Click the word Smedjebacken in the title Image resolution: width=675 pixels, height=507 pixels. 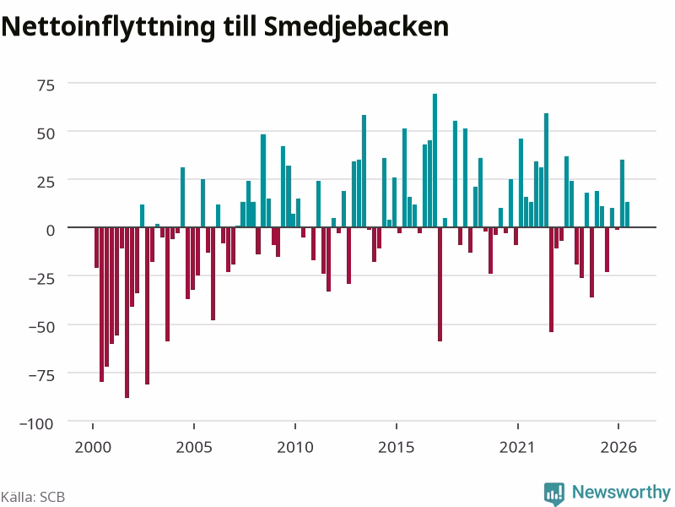click(356, 28)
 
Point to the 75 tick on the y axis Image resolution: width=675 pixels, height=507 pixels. click(46, 85)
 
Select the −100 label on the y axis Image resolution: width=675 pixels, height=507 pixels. click(36, 424)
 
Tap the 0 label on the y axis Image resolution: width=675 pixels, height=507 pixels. click(51, 230)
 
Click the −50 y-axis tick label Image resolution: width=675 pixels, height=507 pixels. click(41, 327)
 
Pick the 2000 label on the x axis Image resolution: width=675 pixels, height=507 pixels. click(93, 447)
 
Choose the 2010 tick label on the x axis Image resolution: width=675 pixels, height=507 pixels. click(295, 447)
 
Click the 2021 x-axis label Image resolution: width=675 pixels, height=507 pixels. click(517, 447)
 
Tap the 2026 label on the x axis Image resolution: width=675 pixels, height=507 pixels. click(618, 447)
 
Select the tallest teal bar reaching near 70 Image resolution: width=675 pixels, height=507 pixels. click(435, 161)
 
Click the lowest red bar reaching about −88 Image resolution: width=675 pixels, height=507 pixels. click(127, 313)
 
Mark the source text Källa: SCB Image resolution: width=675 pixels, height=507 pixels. click(33, 497)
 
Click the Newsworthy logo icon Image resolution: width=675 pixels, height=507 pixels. click(554, 493)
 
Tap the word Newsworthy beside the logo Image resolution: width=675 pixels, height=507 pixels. click(621, 492)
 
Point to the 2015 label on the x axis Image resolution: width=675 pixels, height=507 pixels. click(396, 447)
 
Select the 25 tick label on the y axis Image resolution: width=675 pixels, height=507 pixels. click(46, 182)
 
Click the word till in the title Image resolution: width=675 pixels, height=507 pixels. click(240, 27)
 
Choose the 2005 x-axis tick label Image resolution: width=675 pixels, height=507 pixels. click(194, 447)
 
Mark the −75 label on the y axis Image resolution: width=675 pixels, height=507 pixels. click(41, 375)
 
